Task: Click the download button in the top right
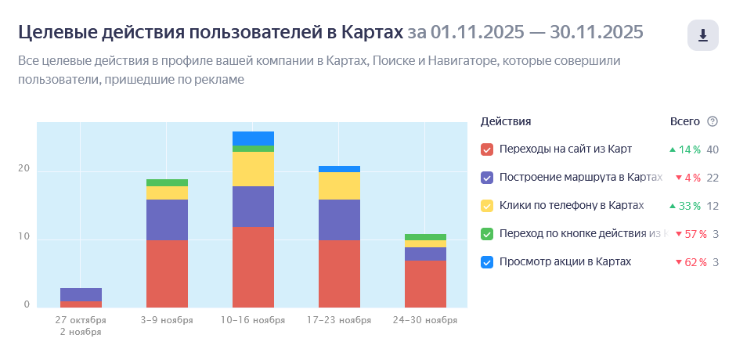tap(702, 35)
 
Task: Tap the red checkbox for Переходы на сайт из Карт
tap(487, 149)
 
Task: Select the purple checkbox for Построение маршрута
tap(487, 178)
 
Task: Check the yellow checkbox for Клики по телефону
tap(487, 206)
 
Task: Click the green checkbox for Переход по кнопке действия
tap(487, 234)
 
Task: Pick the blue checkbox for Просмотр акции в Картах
tap(487, 262)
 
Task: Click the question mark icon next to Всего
tap(712, 121)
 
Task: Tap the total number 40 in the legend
tap(713, 149)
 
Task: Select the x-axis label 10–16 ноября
tap(253, 320)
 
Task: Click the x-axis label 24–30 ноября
tap(425, 320)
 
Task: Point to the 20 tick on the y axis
tap(23, 170)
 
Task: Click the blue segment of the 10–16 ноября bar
tap(253, 139)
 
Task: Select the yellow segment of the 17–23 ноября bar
tap(339, 185)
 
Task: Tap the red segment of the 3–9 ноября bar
tap(167, 274)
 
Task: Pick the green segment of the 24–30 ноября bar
tap(425, 237)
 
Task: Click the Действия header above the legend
tap(506, 121)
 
